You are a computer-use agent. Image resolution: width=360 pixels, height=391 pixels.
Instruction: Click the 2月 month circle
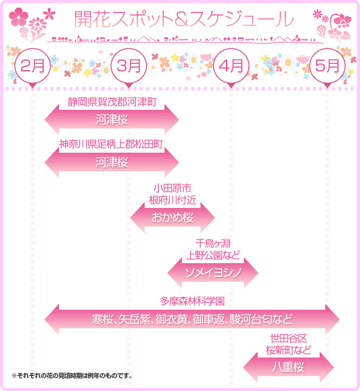click(32, 66)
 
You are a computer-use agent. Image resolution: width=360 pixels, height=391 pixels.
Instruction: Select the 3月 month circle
click(128, 66)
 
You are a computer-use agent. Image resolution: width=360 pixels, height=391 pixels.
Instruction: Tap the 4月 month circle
click(231, 66)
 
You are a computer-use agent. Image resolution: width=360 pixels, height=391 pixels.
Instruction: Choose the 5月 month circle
click(327, 66)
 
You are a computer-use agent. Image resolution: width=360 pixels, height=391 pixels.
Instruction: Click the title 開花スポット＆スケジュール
click(184, 19)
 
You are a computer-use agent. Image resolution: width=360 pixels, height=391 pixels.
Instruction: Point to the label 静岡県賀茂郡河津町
click(112, 102)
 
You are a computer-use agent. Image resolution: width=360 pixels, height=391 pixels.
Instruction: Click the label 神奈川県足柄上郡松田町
click(111, 144)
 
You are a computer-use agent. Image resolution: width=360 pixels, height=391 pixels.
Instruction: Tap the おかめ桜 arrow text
click(173, 217)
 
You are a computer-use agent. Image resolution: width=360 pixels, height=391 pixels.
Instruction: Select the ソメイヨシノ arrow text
click(213, 272)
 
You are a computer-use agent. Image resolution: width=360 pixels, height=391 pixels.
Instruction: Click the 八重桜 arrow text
click(289, 367)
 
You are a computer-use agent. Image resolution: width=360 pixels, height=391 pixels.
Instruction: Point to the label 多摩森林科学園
click(192, 301)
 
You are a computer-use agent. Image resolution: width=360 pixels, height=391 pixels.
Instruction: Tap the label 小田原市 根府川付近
click(173, 194)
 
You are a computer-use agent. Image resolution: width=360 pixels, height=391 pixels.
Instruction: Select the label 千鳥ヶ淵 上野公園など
click(213, 249)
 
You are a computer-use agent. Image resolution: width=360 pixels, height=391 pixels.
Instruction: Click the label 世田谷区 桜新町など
click(289, 344)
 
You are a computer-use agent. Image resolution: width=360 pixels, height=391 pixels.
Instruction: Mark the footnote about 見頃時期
click(72, 375)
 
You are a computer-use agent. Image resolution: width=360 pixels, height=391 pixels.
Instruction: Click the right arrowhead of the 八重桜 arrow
click(327, 367)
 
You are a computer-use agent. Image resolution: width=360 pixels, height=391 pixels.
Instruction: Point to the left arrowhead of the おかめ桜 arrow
click(137, 217)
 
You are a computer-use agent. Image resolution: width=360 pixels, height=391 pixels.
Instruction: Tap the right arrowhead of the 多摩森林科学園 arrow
click(333, 319)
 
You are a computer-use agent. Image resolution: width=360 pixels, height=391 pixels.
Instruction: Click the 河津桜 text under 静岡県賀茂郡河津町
click(112, 119)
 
